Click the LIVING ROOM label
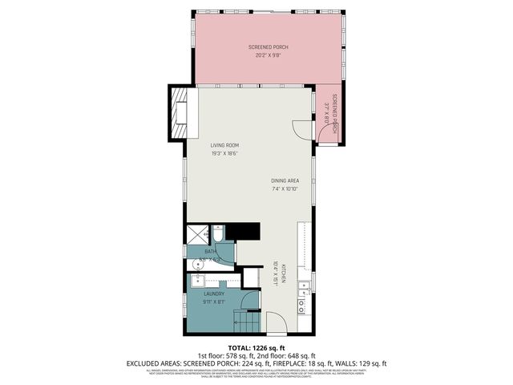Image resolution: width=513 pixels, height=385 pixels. pyautogui.click(x=225, y=144)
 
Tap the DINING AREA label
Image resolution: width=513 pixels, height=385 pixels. pyautogui.click(x=284, y=180)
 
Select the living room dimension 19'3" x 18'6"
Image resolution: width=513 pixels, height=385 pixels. pyautogui.click(x=225, y=152)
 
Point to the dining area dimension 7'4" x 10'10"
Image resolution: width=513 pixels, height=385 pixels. pyautogui.click(x=284, y=189)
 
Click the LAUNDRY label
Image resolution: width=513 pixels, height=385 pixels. pyautogui.click(x=212, y=294)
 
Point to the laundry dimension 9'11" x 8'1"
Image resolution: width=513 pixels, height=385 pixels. pyautogui.click(x=212, y=302)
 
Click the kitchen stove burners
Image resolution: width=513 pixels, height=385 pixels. pyautogui.click(x=301, y=303)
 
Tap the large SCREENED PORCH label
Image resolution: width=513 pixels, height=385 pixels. pyautogui.click(x=268, y=48)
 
